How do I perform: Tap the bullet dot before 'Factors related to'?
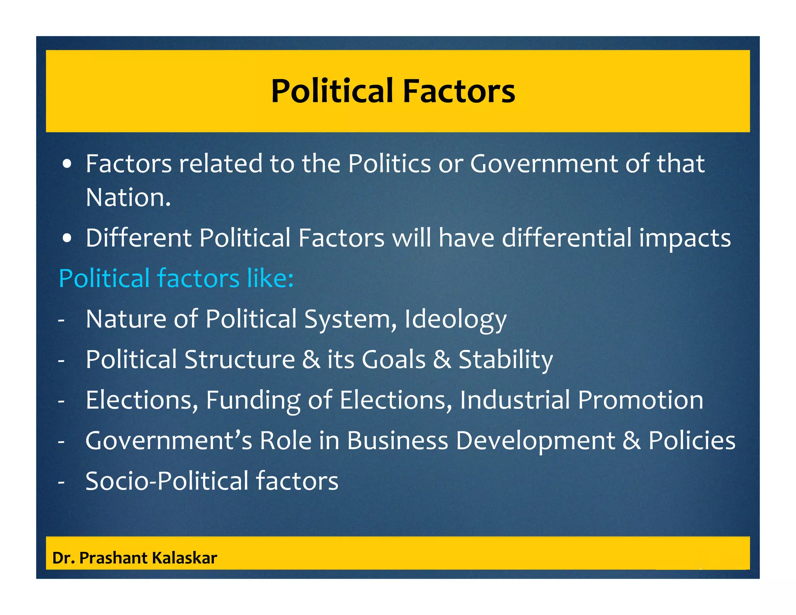coord(67,164)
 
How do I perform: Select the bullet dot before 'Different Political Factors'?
coord(67,239)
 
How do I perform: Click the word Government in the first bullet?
coord(543,164)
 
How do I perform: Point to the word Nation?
coord(128,197)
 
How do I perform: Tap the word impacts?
coord(685,239)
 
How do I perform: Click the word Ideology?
coord(456,320)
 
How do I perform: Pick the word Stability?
coord(506,360)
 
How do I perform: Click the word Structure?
coord(239,359)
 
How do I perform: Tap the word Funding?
coord(253,400)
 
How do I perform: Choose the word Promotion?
coord(640,400)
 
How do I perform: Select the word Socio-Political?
coord(167,481)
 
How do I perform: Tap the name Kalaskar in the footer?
coord(184,558)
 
